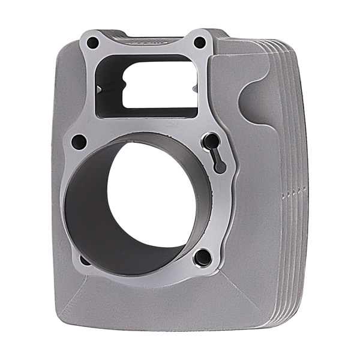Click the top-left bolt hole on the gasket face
pyautogui.click(x=93, y=43)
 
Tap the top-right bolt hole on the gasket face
pyautogui.click(x=199, y=43)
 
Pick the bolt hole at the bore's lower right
pyautogui.click(x=203, y=257)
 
